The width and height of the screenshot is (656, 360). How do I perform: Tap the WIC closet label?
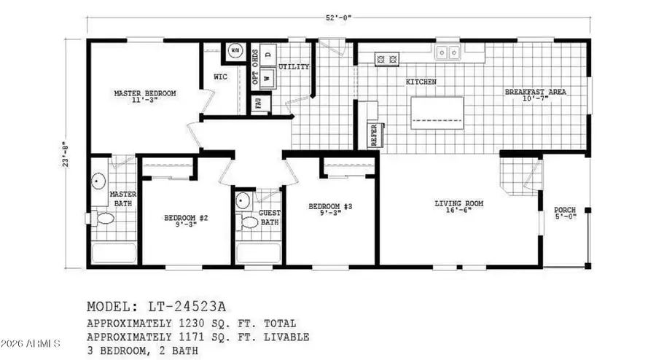[221, 76]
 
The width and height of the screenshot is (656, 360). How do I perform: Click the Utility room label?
[294, 67]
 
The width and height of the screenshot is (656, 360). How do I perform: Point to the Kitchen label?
[421, 82]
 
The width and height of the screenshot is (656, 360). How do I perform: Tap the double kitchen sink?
[448, 52]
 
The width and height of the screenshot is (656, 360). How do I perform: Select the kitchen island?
[440, 114]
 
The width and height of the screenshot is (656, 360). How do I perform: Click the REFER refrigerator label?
[374, 135]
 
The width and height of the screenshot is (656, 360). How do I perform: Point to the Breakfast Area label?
[536, 93]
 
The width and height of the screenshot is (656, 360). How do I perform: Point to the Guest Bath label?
[270, 217]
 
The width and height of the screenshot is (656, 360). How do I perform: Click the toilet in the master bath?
[104, 218]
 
